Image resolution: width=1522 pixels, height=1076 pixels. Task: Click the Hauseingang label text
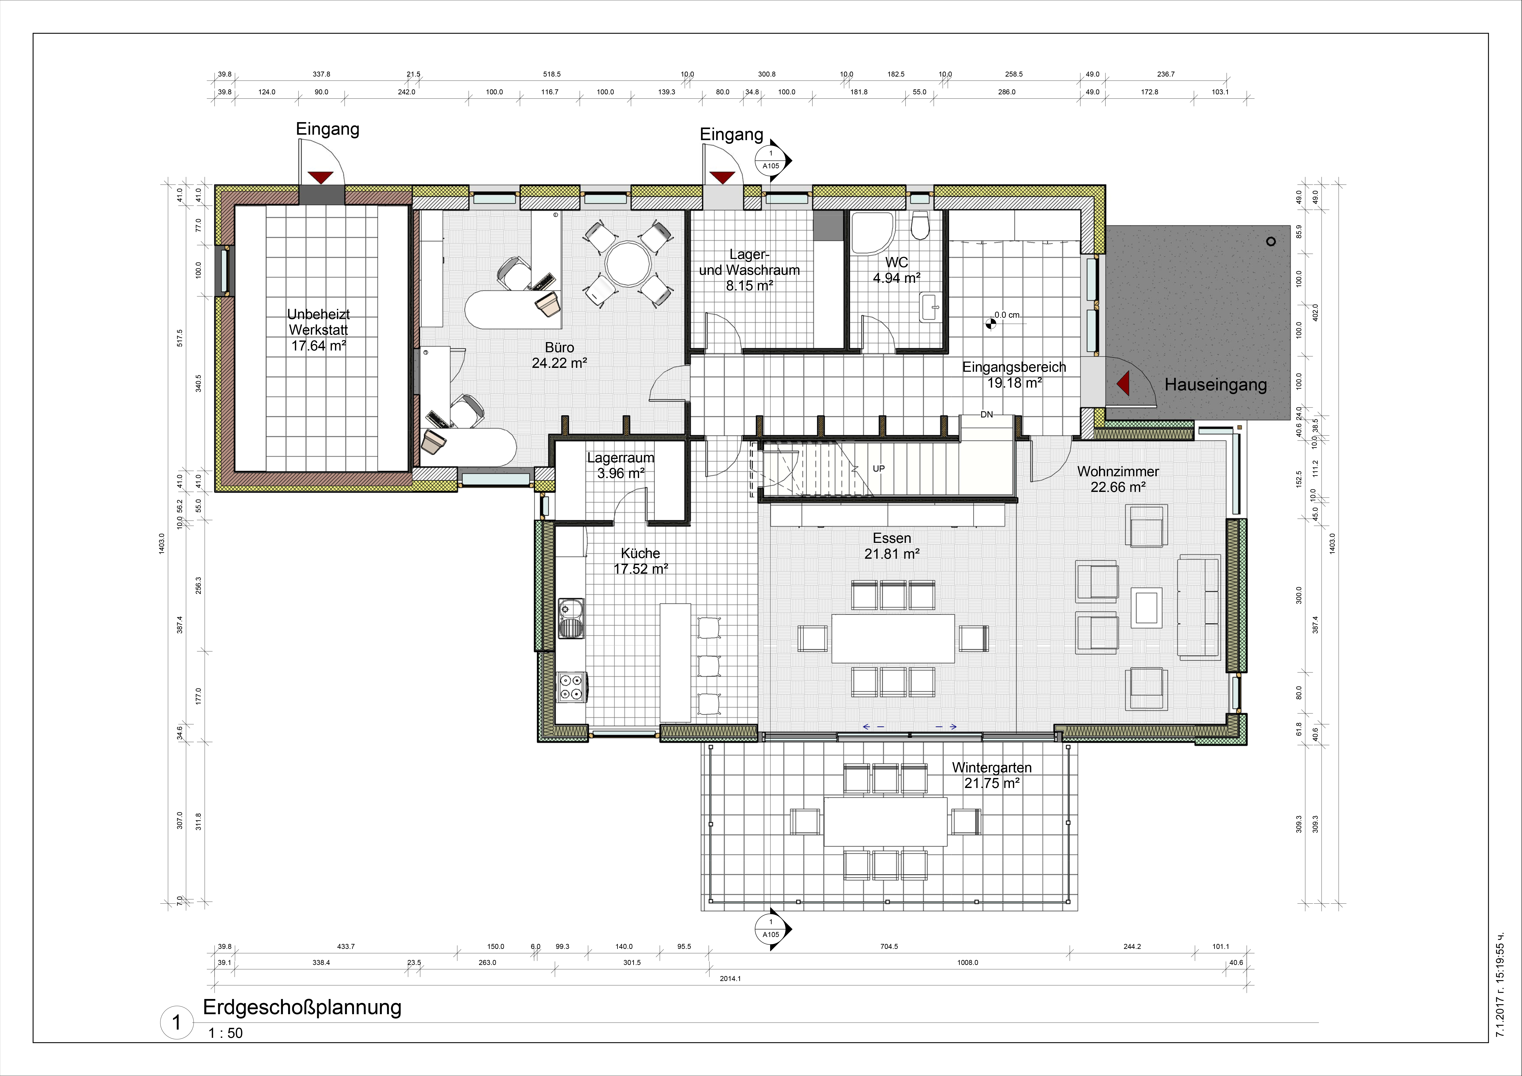tap(1216, 385)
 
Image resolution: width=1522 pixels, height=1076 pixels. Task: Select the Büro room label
tap(559, 355)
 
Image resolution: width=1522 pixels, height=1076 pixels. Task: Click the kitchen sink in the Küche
tap(571, 618)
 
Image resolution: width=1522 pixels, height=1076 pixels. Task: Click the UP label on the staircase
tap(878, 469)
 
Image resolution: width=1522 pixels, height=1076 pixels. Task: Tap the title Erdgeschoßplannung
tap(302, 1007)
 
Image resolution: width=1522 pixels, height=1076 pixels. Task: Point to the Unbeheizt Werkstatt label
tap(319, 329)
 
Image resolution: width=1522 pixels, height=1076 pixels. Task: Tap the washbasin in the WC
tap(930, 307)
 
